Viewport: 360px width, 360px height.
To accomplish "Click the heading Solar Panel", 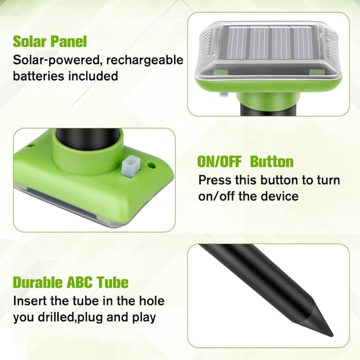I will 50,41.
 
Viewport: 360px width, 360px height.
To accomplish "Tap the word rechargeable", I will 147,60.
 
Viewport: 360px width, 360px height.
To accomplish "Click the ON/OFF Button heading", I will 245,162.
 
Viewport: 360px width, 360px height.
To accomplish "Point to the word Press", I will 214,181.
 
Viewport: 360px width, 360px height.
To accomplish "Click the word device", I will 279,196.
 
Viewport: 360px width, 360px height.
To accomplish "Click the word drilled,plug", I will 71,317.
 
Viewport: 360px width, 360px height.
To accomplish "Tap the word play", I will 144,317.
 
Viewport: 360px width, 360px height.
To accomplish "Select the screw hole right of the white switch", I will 151,165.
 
